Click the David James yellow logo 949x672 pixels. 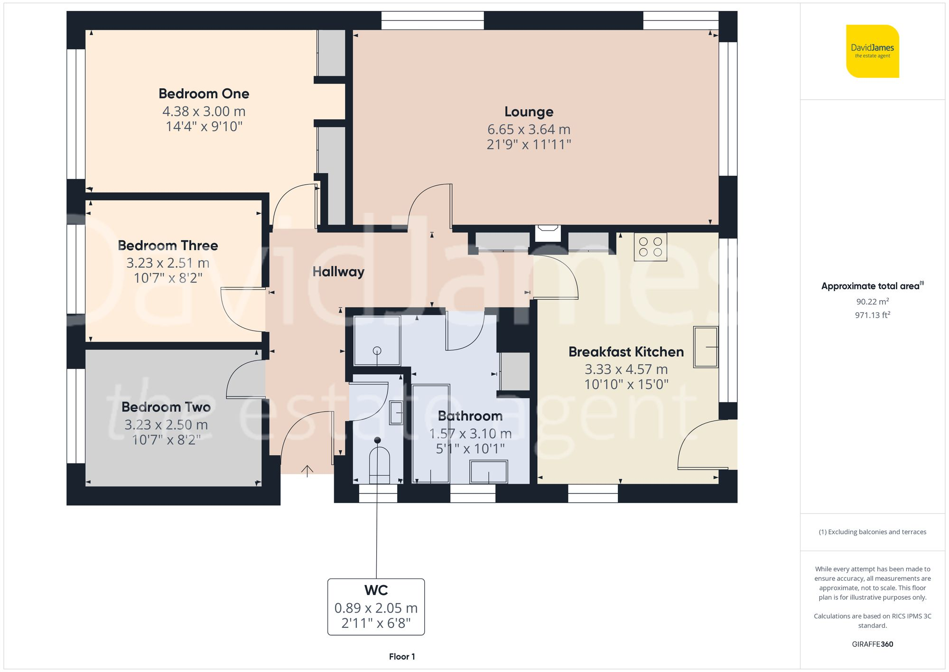coord(872,51)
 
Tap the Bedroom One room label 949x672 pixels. coord(204,94)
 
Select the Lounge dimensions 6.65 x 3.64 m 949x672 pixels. coord(529,129)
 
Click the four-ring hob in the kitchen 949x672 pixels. coord(650,247)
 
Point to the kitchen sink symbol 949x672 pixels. coord(706,347)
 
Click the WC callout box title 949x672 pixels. coord(376,590)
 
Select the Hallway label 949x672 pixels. coord(338,272)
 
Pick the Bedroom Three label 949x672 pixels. coord(167,246)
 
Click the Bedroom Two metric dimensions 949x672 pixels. coord(166,425)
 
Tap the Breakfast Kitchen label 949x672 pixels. coord(626,352)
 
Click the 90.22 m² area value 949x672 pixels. coord(872,302)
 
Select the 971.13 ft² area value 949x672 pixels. coord(872,315)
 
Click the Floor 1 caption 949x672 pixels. coord(401,657)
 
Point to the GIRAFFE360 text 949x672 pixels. coord(872,644)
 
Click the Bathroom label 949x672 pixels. coord(470,416)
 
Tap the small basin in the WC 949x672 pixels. coord(396,413)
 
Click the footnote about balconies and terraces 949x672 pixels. coord(872,532)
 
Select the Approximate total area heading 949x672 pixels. coord(871,286)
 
